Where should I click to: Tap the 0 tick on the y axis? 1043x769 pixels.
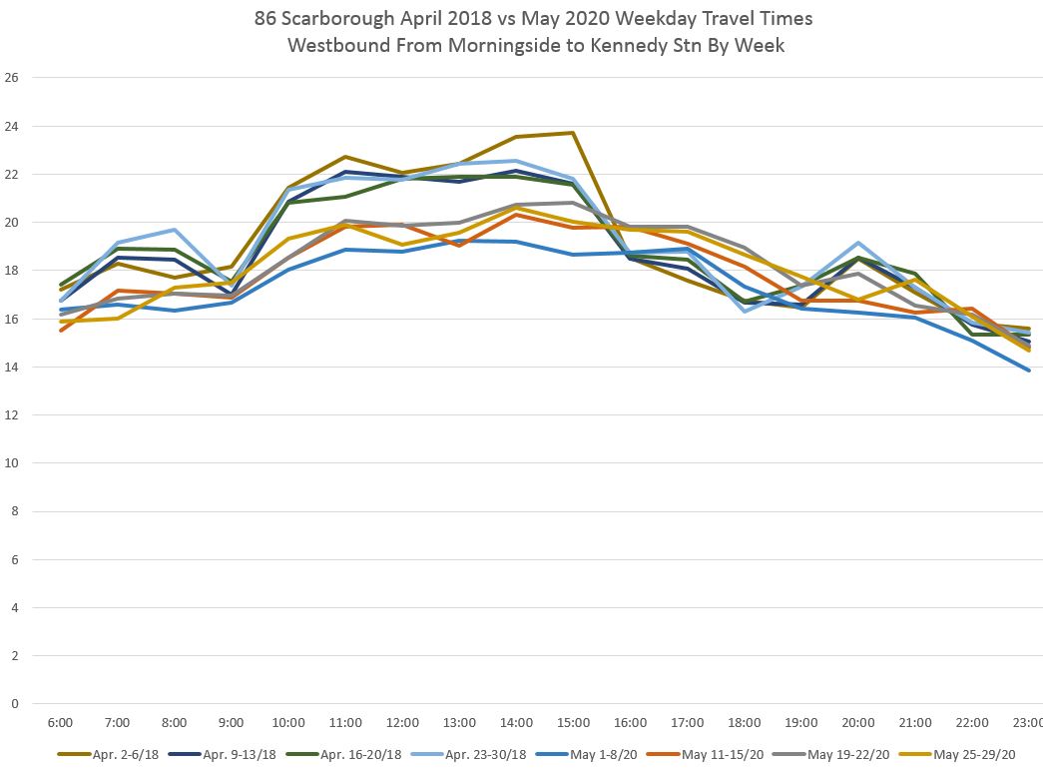15,704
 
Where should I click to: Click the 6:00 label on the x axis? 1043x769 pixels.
61,722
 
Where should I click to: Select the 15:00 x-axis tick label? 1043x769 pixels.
573,722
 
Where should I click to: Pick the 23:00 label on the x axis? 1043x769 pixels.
1028,722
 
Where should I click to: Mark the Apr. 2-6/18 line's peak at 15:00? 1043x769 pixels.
573,133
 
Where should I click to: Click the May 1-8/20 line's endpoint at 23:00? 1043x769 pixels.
1028,371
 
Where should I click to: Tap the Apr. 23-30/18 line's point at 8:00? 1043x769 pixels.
175,230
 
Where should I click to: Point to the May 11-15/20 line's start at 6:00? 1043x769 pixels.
61,330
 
